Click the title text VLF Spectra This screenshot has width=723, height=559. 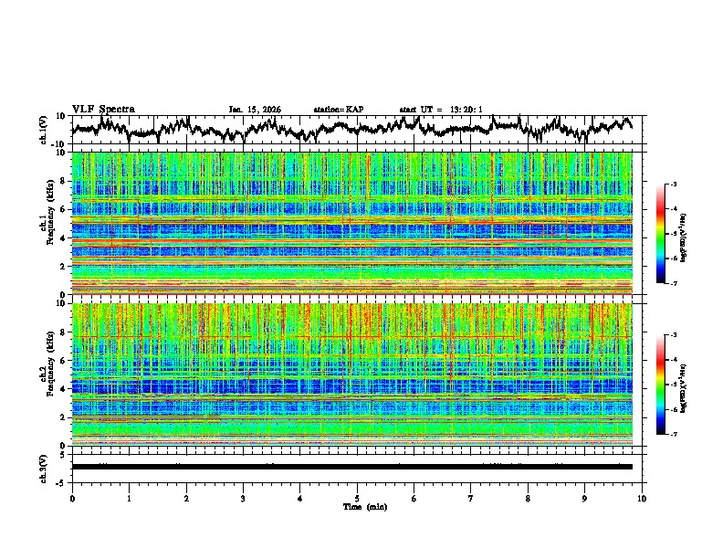click(103, 109)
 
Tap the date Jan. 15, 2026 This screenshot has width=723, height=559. click(255, 110)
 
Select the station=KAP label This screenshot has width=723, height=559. click(339, 110)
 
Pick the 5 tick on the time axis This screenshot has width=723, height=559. click(357, 499)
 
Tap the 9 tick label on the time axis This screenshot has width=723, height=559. click(585, 499)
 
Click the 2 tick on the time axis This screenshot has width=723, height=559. click(186, 499)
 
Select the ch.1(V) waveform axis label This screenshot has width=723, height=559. click(44, 130)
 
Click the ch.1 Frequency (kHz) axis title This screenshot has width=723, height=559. click(46, 224)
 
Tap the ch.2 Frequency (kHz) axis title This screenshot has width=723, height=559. click(46, 374)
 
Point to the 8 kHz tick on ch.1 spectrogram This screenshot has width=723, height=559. click(63, 181)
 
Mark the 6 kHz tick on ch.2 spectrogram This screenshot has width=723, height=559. click(63, 361)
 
